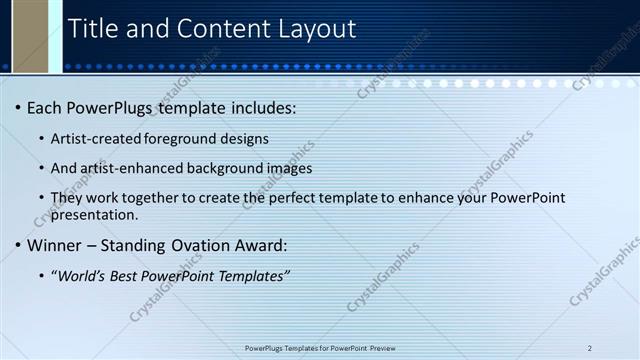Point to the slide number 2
(590, 348)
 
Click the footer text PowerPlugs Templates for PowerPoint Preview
(320, 348)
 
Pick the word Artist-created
(93, 138)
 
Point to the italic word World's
(82, 275)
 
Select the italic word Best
(128, 275)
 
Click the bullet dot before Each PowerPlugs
(17, 107)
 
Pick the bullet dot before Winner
(17, 245)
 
